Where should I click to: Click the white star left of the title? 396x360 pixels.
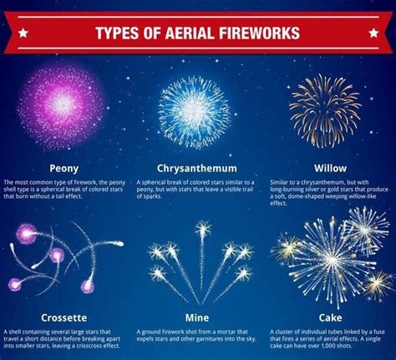point(23,34)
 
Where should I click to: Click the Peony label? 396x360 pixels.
point(63,167)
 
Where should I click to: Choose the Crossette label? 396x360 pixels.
point(63,317)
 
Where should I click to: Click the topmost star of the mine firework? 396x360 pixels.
point(203,228)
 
